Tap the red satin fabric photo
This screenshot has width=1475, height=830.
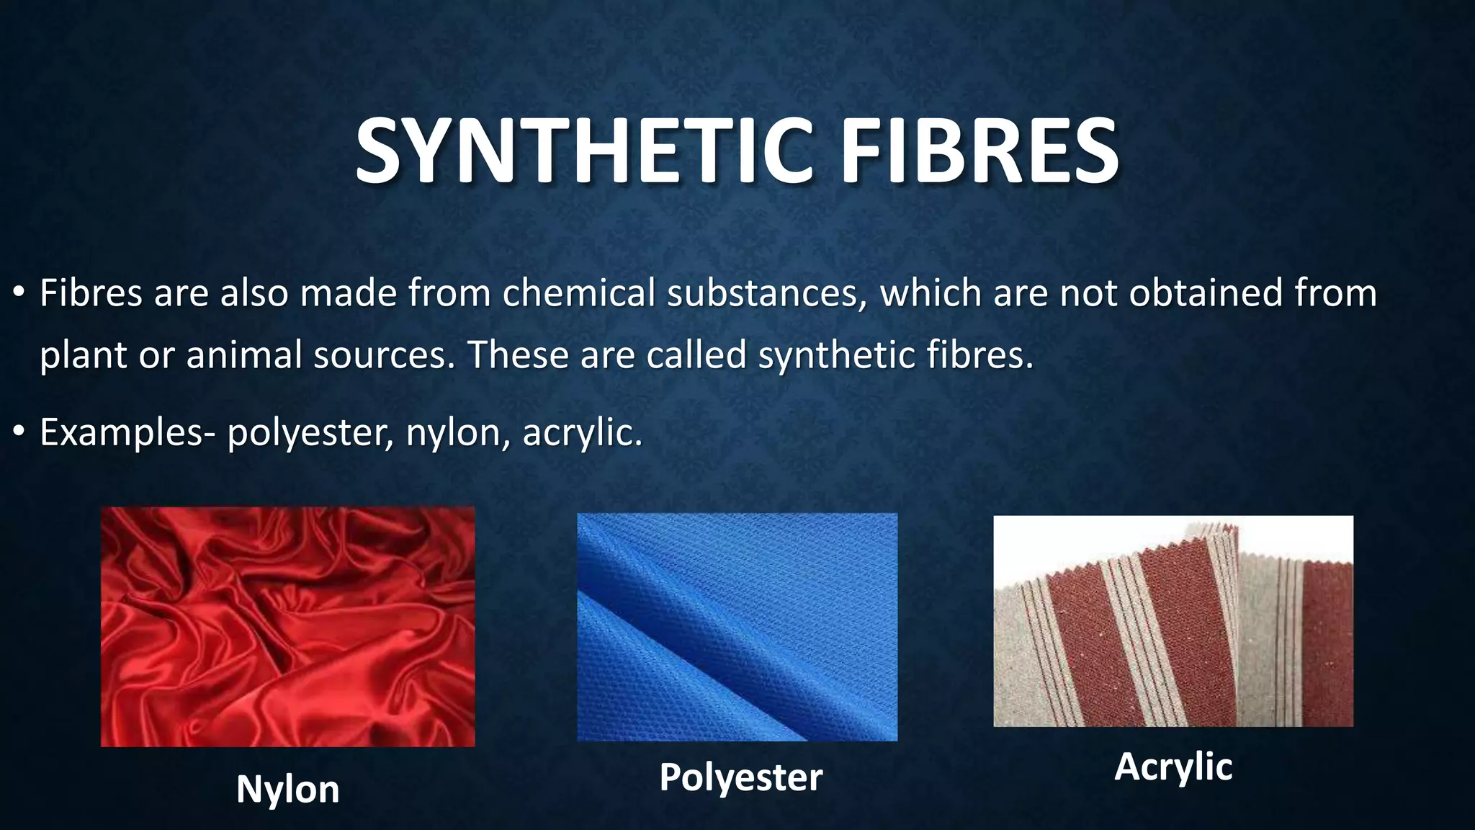coord(287,626)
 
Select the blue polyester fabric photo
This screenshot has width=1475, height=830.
coord(737,626)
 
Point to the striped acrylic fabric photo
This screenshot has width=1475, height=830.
coord(1173,620)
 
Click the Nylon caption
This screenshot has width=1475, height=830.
coord(287,789)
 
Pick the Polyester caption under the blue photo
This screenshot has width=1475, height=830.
coord(740,777)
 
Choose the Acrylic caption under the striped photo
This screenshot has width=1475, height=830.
coord(1173,766)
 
